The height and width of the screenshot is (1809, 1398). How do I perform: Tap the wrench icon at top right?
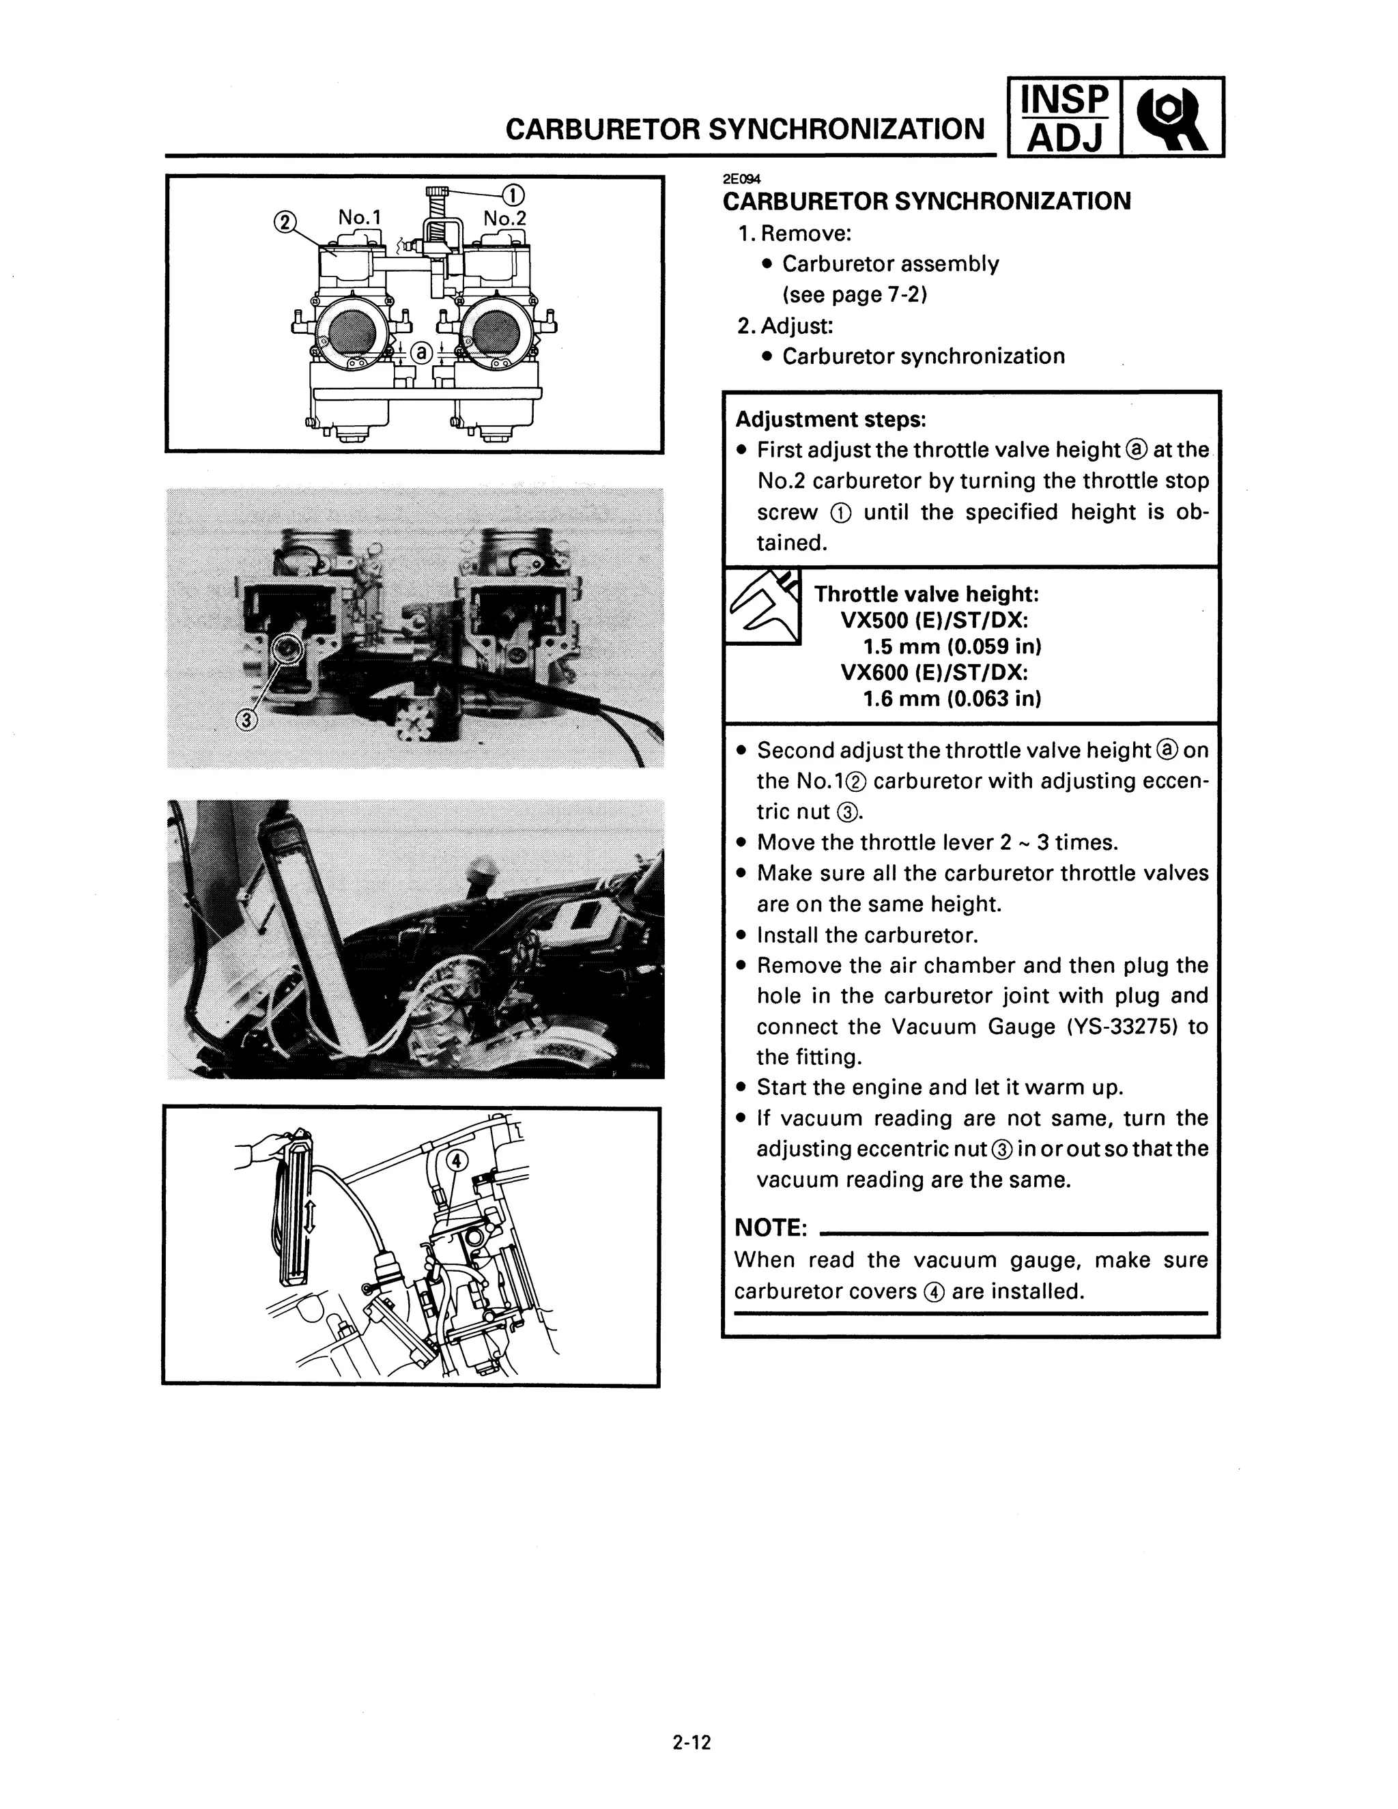tap(1171, 117)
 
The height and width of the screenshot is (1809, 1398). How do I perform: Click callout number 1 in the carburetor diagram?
tap(513, 195)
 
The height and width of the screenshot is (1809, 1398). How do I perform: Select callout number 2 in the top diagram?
tap(283, 222)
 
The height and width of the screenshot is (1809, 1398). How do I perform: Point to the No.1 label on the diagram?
tap(360, 217)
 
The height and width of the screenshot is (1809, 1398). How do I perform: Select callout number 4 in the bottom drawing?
tap(457, 1160)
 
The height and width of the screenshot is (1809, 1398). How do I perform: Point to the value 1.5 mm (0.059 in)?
tap(952, 646)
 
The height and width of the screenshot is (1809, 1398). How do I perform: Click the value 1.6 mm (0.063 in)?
tap(952, 698)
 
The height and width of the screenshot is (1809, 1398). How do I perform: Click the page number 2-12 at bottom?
tap(691, 1743)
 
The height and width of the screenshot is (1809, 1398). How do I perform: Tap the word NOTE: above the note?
tap(770, 1227)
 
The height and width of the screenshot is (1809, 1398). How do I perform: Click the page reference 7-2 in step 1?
tap(906, 295)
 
